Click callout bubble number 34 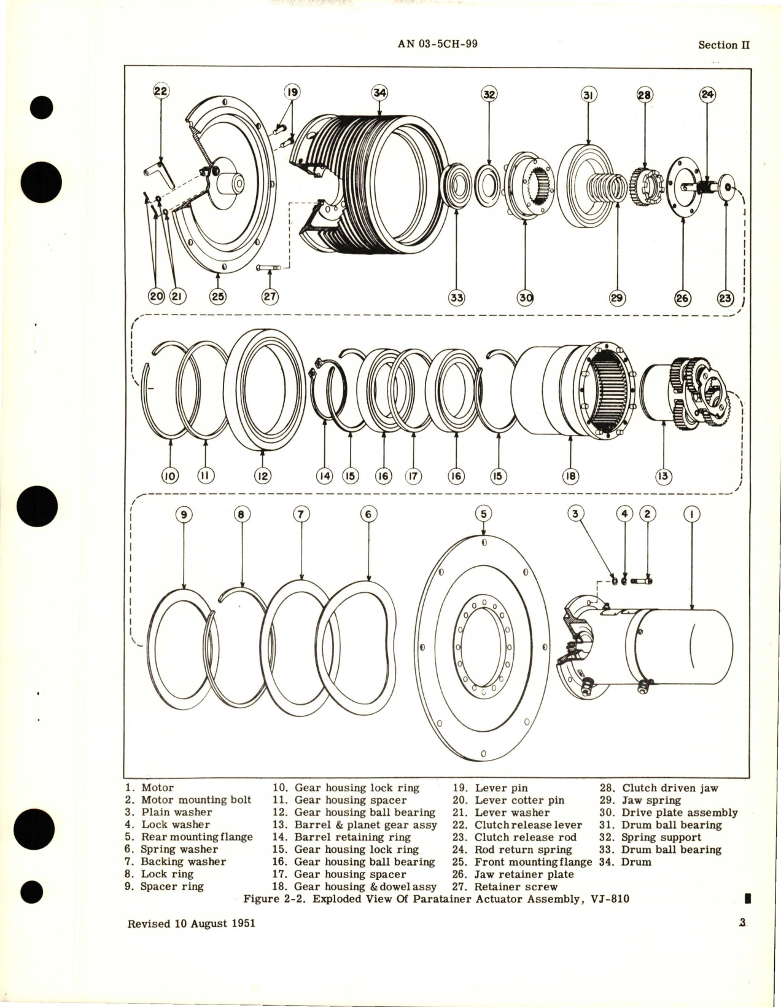[x=380, y=93]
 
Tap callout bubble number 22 [x=161, y=91]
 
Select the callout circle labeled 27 [x=270, y=297]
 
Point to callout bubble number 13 [x=664, y=476]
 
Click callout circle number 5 [x=483, y=514]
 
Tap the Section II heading [x=724, y=45]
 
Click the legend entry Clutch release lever [x=527, y=825]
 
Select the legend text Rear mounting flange [x=196, y=837]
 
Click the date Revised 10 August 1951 [x=191, y=923]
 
